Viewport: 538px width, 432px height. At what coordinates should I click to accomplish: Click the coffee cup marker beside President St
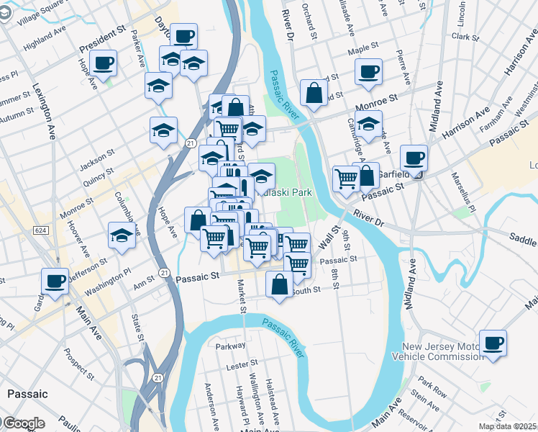[104, 63]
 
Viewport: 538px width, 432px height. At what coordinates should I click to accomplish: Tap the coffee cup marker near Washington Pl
[55, 282]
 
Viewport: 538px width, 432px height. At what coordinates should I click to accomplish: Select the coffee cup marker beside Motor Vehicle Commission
[493, 343]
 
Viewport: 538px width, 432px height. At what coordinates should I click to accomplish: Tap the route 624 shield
[41, 229]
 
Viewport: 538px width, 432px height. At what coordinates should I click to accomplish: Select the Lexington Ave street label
[45, 111]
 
